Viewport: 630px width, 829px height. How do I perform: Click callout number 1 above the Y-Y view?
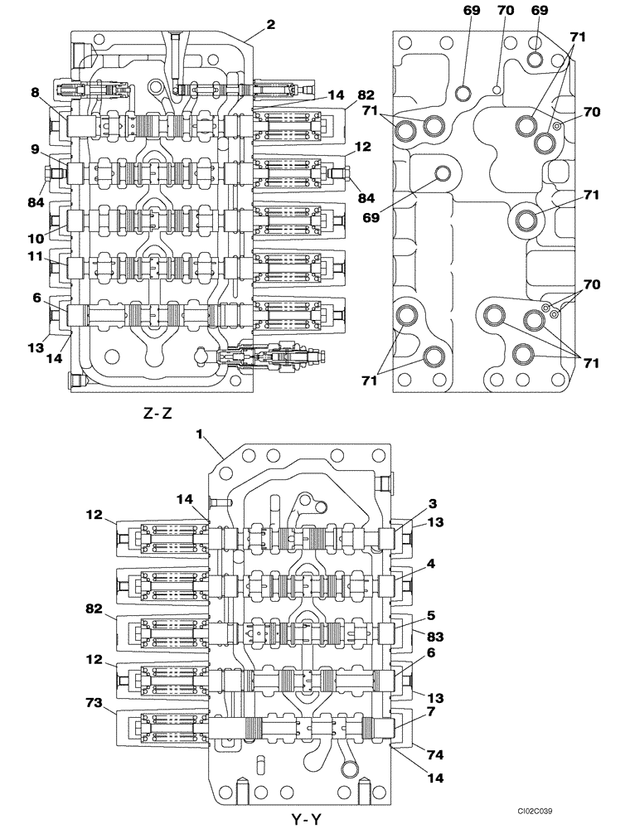point(199,434)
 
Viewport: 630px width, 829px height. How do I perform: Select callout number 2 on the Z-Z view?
point(270,25)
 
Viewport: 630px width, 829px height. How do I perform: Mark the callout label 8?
point(35,93)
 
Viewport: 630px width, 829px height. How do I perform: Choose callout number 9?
point(35,151)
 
